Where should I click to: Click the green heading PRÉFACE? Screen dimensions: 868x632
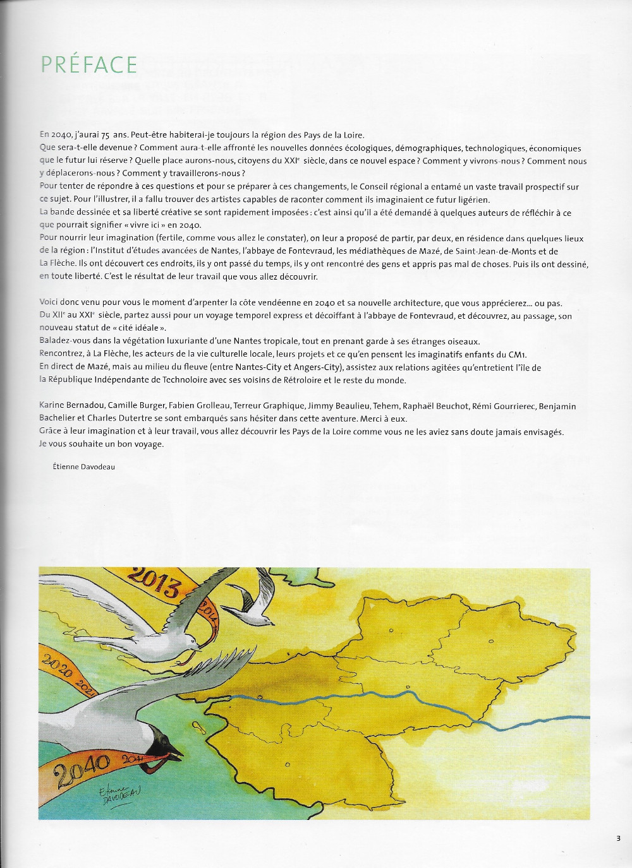point(88,64)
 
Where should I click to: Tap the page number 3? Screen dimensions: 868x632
point(618,838)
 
